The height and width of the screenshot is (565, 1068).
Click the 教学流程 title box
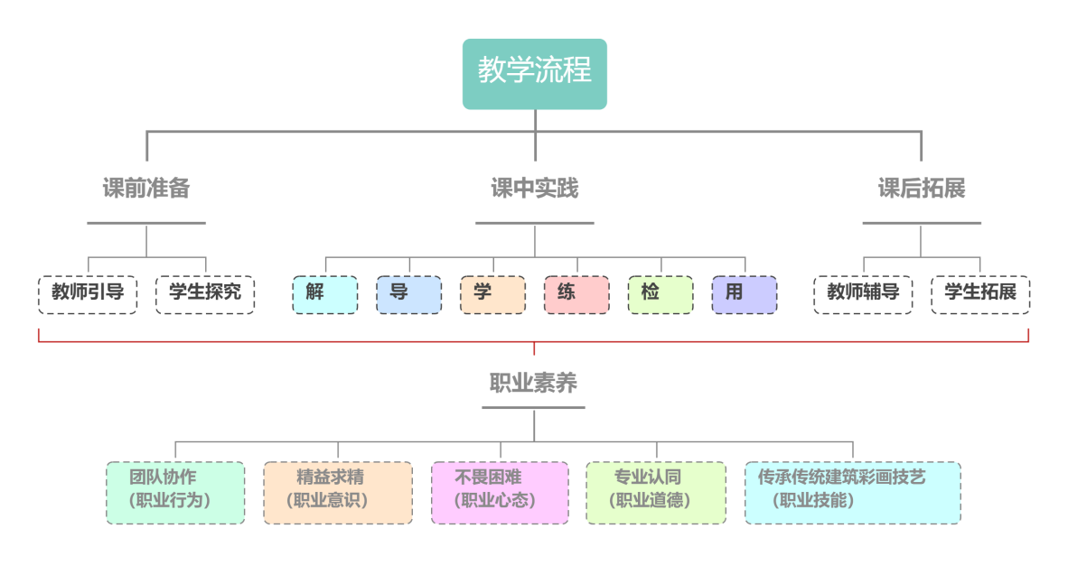(535, 73)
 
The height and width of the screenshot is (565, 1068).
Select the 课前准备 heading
(146, 188)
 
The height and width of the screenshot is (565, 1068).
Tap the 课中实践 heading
(535, 188)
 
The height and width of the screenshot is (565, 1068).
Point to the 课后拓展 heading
(922, 188)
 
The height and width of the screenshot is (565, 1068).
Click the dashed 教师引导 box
(88, 294)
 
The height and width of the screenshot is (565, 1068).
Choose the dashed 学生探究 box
(205, 294)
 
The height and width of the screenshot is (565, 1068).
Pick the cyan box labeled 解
(325, 294)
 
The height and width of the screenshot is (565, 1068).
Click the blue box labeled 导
(409, 294)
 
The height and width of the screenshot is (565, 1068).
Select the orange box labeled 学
(493, 294)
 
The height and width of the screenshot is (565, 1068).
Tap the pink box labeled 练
(576, 294)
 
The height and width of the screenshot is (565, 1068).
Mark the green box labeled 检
(660, 294)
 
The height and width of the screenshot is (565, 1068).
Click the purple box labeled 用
(745, 294)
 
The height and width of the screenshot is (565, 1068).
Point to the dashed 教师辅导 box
(863, 294)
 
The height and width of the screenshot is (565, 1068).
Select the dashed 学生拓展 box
(980, 294)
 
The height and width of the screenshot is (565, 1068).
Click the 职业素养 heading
(533, 383)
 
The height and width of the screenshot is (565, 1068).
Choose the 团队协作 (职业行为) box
(175, 493)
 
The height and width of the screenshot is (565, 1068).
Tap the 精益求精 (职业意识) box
(338, 493)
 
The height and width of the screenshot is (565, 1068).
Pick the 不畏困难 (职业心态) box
(500, 493)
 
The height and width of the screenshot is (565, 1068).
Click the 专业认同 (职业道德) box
(656, 493)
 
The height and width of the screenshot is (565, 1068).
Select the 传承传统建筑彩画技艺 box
(852, 493)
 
